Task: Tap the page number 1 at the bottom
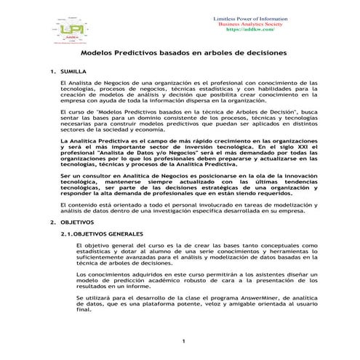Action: (x=185, y=340)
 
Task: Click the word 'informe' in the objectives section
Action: (x=145, y=286)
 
